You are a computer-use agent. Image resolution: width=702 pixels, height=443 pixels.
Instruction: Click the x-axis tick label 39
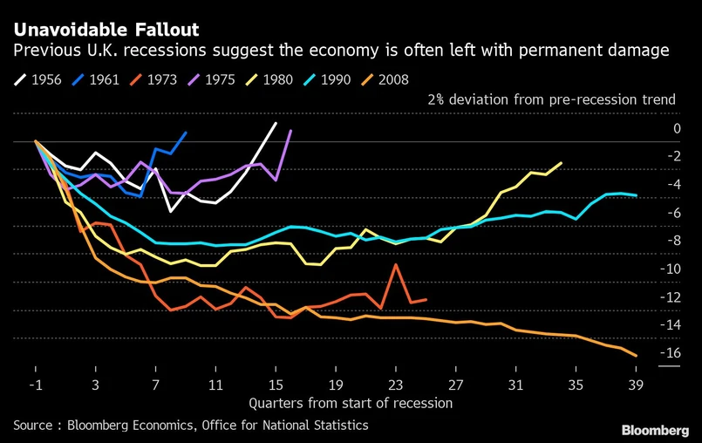(x=636, y=385)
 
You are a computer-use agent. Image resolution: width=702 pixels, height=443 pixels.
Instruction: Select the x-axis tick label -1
(x=35, y=385)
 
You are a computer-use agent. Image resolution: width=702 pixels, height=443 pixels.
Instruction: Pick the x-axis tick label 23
(x=395, y=385)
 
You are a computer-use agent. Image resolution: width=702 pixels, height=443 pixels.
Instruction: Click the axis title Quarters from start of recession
(x=351, y=403)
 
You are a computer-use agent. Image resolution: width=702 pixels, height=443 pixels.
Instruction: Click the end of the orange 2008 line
(x=637, y=356)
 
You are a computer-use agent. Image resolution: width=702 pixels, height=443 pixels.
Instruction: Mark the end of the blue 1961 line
(x=186, y=133)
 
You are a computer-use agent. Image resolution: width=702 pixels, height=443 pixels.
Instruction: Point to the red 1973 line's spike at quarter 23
(x=396, y=264)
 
